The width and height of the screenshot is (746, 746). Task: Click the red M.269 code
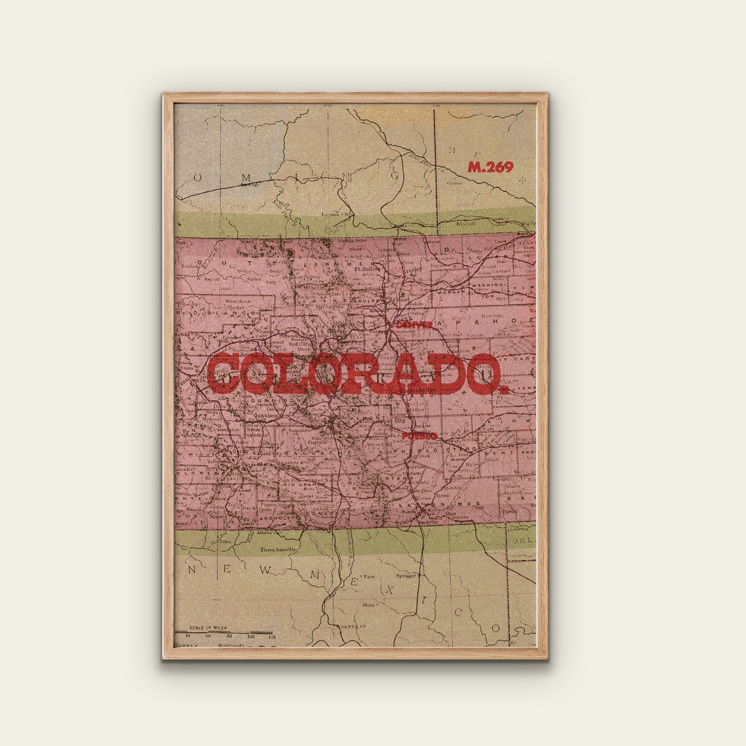(490, 167)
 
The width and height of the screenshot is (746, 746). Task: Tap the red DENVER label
(414, 325)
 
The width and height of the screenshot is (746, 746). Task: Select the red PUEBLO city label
(419, 436)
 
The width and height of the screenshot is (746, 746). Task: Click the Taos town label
(369, 576)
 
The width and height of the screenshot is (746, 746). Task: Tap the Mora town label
(368, 604)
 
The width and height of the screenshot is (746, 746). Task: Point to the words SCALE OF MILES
(208, 628)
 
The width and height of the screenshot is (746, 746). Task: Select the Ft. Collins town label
(367, 268)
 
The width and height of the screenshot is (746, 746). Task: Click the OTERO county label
(462, 449)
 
